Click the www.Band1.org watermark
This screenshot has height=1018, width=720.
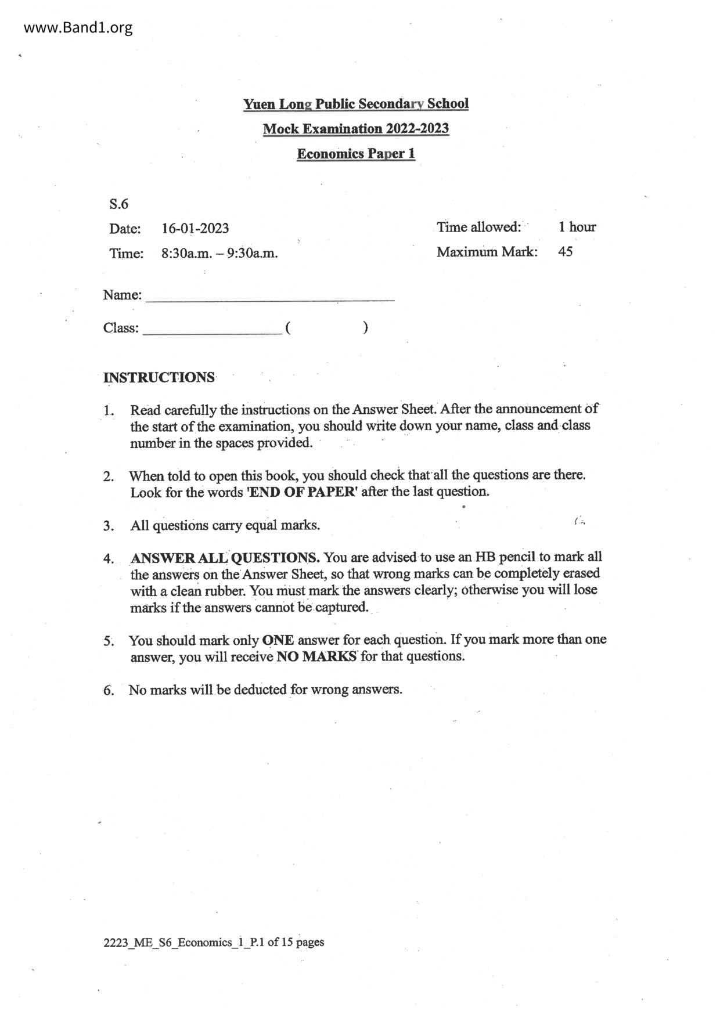point(78,27)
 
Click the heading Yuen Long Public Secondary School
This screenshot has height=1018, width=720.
point(355,104)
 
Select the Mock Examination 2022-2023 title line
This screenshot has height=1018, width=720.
point(355,129)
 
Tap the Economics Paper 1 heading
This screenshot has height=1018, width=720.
point(355,154)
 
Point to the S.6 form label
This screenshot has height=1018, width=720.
point(118,204)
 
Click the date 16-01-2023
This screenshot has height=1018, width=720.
point(195,228)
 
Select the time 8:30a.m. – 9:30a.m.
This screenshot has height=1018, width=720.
point(219,254)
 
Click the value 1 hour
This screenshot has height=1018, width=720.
point(577,227)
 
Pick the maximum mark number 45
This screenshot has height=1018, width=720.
point(565,252)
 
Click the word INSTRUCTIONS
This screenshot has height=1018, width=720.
point(159,377)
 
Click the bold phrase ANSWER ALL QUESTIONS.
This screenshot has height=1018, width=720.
point(225,558)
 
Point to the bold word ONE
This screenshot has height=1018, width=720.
point(278,641)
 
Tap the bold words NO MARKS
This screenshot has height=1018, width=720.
point(316,657)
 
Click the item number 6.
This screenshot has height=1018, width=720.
point(109,691)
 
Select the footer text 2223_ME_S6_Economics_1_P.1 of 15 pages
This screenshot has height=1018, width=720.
point(214,942)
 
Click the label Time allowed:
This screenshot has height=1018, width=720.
point(478,227)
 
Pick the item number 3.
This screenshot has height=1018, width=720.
point(109,526)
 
